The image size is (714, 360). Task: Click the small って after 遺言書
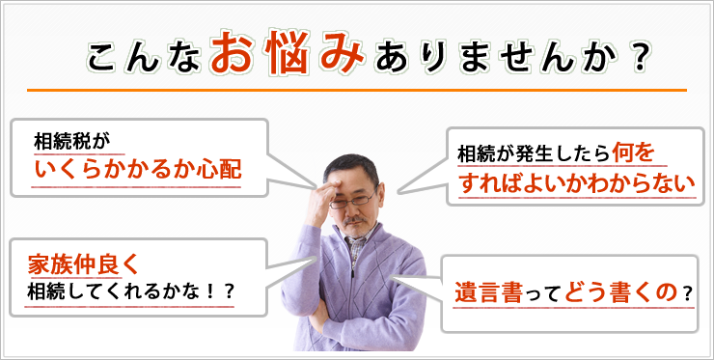(547, 293)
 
